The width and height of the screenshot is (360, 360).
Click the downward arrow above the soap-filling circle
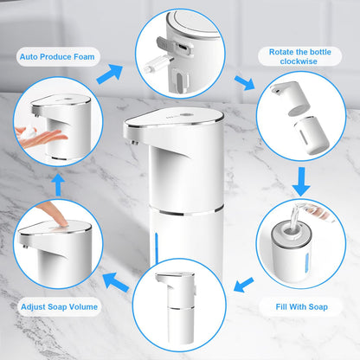302,181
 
